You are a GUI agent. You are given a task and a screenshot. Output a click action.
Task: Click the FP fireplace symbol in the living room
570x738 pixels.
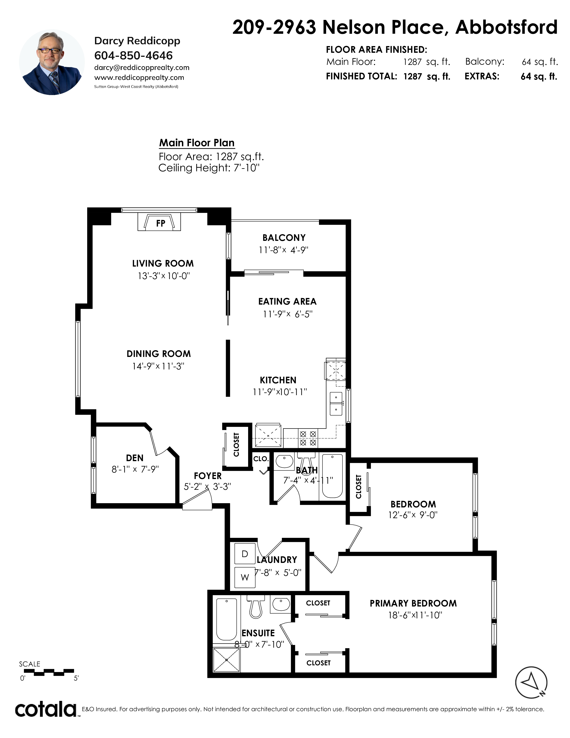[x=159, y=222]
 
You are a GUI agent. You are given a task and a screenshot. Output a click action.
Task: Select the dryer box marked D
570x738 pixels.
[x=245, y=553]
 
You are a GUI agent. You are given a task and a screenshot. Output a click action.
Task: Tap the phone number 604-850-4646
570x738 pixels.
[x=133, y=55]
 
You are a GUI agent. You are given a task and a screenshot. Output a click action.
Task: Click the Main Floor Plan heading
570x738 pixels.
[x=197, y=143]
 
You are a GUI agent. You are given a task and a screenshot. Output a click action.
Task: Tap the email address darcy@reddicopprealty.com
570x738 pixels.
[x=142, y=68]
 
